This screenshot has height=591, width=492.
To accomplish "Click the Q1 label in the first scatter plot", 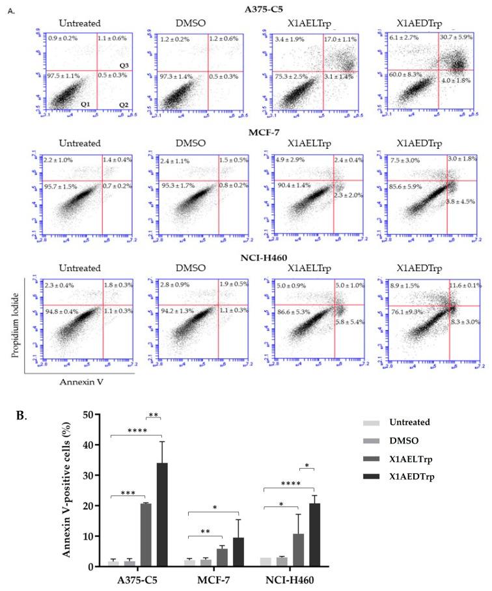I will point(84,104).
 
